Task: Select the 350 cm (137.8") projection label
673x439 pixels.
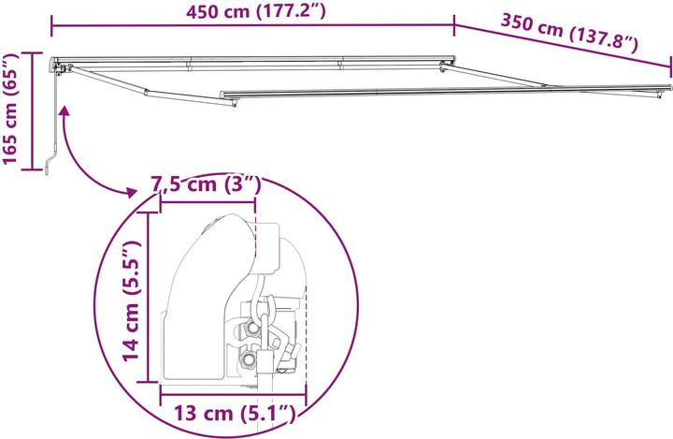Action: (569, 31)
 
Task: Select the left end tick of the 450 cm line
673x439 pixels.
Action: (52, 25)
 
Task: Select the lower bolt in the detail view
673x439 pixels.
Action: (249, 359)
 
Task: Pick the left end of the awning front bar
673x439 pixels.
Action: (222, 94)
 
